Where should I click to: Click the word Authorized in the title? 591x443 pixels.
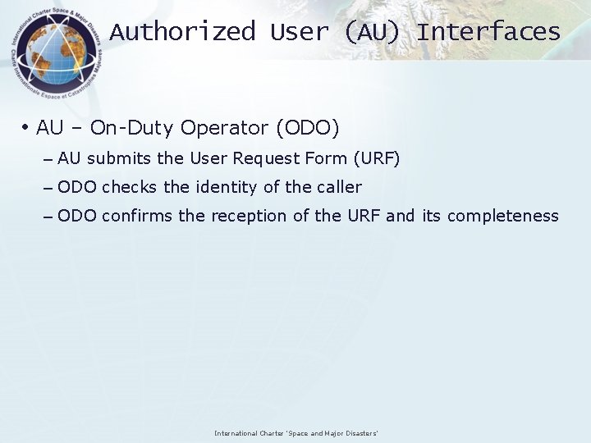(x=183, y=32)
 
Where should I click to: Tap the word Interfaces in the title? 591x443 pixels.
(x=488, y=32)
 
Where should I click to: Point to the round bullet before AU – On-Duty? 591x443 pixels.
(x=26, y=128)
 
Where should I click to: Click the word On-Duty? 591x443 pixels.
(x=132, y=128)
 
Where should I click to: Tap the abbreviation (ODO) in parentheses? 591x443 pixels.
(x=307, y=128)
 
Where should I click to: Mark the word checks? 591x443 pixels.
(x=130, y=187)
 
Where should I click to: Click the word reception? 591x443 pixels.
(x=250, y=217)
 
